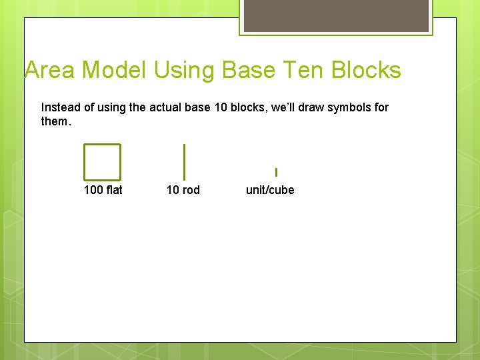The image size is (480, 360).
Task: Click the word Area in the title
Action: coord(51,70)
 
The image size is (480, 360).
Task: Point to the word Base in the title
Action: coord(246,70)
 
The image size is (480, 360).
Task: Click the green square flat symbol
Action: coord(102,162)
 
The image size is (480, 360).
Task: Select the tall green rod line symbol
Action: coord(184,162)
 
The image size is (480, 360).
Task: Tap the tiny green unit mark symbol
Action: coord(276,172)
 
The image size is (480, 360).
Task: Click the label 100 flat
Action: coord(103,190)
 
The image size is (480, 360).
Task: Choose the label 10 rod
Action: coord(183,190)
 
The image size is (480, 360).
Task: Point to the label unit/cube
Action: coord(270,190)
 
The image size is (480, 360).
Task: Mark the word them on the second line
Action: coord(54,121)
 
